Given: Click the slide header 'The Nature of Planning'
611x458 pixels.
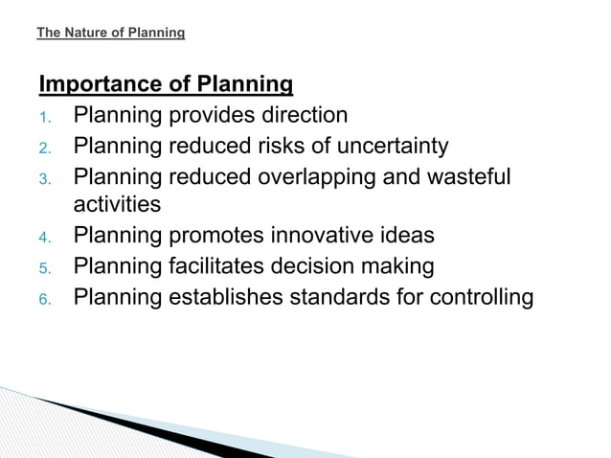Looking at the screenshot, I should click(110, 34).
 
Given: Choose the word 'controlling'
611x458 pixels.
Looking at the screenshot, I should click(477, 296).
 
